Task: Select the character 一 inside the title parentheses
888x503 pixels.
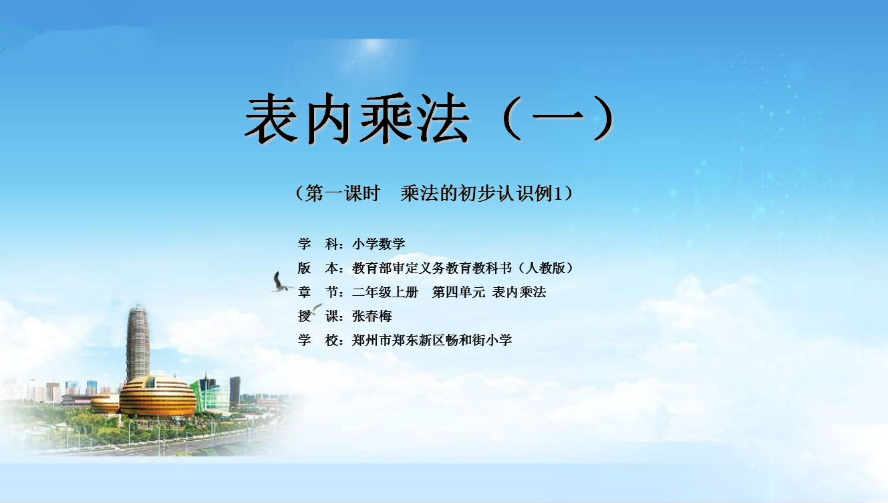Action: pos(558,116)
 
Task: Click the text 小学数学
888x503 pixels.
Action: pos(379,243)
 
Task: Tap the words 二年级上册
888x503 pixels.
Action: pos(385,292)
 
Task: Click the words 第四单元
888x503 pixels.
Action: pos(458,292)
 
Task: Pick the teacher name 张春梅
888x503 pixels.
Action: pos(372,316)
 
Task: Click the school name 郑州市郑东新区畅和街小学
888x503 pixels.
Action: pos(432,340)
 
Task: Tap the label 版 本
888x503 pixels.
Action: pos(320,268)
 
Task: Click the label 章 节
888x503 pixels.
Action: pos(320,292)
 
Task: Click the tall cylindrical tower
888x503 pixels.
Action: pos(138,343)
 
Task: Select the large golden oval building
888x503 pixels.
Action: pos(158,396)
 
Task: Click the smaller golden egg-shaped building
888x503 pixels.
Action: pos(105,403)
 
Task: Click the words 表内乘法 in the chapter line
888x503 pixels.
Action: pos(519,292)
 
